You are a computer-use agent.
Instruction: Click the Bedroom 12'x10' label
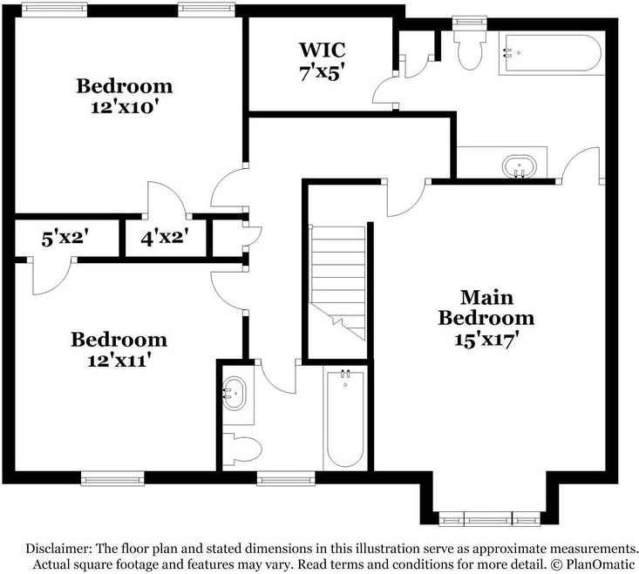pos(124,97)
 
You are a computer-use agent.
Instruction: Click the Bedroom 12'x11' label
pos(119,348)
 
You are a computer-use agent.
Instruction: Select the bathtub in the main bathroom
pos(551,54)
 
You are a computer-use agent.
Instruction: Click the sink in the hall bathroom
pos(235,395)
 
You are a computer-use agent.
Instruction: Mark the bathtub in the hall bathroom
pos(344,419)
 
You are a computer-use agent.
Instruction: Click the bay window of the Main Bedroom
pos(489,520)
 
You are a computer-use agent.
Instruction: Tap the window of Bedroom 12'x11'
pos(112,477)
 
